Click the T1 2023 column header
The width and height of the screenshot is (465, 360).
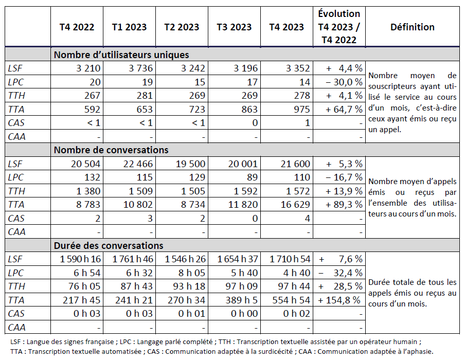coord(129,27)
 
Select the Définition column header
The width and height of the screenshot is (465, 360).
coord(412,27)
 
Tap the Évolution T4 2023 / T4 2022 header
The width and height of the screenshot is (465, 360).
coord(339,27)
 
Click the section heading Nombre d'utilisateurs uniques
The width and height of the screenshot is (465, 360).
coord(121,55)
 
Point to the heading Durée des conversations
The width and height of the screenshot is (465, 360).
coord(109,245)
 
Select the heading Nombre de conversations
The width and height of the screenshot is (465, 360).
coord(111,150)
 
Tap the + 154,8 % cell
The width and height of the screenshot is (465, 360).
coord(341,300)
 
